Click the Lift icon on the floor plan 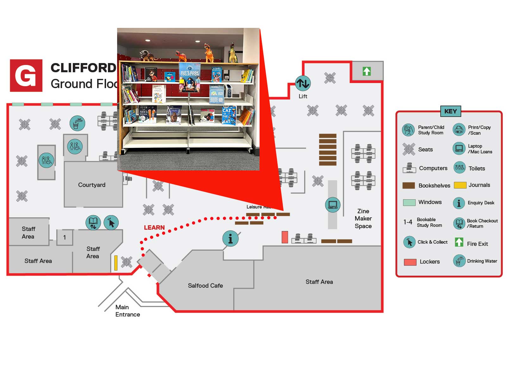pos(303,84)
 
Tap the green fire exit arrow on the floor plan pos(367,71)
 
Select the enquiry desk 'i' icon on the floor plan pos(230,238)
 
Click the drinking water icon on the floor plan pos(77,123)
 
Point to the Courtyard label pos(92,185)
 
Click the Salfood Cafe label pos(205,285)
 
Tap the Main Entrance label pos(127,311)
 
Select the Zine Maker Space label pos(363,219)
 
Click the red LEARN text pos(154,227)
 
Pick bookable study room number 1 pos(65,237)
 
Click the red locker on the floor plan pos(285,237)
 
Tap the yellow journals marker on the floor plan pos(116,263)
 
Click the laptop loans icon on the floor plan pos(333,205)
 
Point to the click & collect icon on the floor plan pos(111,222)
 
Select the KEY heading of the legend pos(450,111)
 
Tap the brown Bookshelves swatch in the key pos(408,185)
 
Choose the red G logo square pos(26,75)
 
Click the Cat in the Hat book pos(229,115)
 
